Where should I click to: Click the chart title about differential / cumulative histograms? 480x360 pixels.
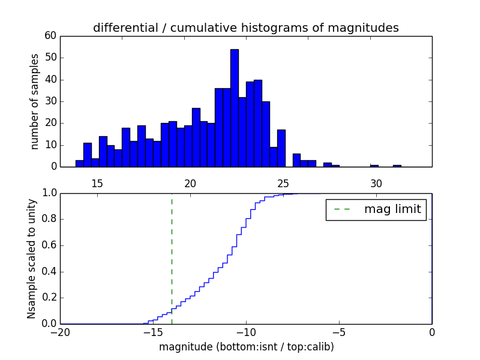click(x=245, y=28)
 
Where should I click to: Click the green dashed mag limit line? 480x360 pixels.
click(x=172, y=258)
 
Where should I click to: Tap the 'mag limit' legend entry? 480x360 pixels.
click(x=376, y=209)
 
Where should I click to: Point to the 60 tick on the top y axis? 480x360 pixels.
click(x=50, y=36)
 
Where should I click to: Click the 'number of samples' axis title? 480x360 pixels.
click(x=35, y=101)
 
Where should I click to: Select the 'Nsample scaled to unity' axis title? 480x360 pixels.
click(x=31, y=259)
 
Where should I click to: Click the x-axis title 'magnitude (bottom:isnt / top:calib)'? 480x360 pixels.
click(x=246, y=347)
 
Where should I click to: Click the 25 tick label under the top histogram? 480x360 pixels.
click(x=283, y=183)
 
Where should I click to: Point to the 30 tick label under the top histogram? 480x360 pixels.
click(x=376, y=183)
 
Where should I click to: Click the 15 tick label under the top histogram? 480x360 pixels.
click(x=97, y=183)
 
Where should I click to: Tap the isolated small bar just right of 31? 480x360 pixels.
click(x=397, y=166)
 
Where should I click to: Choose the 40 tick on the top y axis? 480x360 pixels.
click(x=50, y=80)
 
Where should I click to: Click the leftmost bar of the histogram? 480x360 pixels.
click(x=79, y=163)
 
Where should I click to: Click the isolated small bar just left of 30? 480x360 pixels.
click(x=374, y=166)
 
